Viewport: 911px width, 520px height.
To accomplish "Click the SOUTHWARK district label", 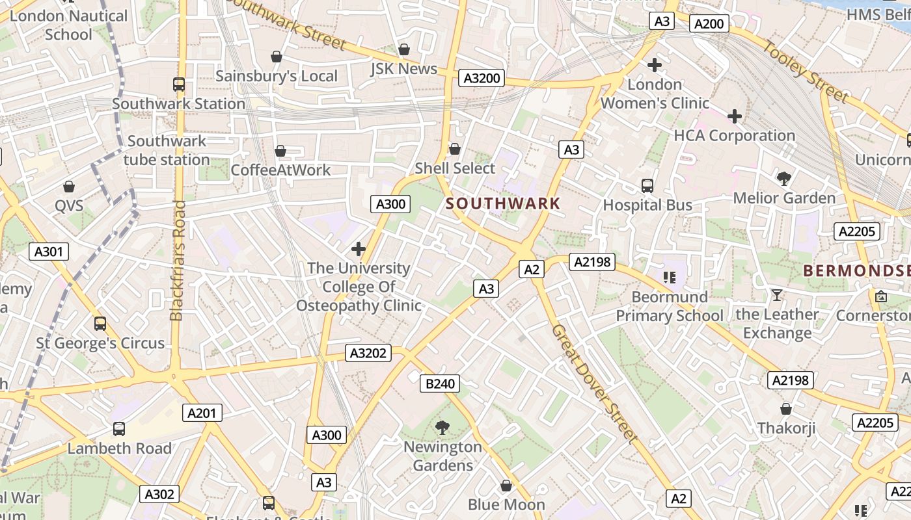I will pyautogui.click(x=503, y=203).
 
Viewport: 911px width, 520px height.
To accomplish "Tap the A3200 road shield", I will pyautogui.click(x=482, y=79).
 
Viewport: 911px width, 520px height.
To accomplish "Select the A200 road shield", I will pyautogui.click(x=709, y=24).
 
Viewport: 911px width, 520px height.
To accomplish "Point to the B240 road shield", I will pyautogui.click(x=440, y=383).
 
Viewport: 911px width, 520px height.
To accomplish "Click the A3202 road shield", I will pyautogui.click(x=368, y=353).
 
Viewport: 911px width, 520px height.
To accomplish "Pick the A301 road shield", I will pyautogui.click(x=49, y=251).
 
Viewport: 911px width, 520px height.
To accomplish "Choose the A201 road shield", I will pyautogui.click(x=204, y=412).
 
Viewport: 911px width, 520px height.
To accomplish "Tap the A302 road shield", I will pyautogui.click(x=159, y=494).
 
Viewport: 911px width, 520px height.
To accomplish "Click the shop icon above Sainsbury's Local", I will pyautogui.click(x=277, y=57).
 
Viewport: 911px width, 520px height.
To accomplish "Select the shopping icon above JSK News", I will pyautogui.click(x=404, y=49).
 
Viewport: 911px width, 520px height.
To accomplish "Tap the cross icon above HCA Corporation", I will pyautogui.click(x=735, y=117).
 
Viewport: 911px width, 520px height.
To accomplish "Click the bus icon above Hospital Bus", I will pyautogui.click(x=647, y=186).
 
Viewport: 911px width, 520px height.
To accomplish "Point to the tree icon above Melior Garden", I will pyautogui.click(x=784, y=178).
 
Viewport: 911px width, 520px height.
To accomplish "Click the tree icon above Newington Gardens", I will pyautogui.click(x=442, y=427).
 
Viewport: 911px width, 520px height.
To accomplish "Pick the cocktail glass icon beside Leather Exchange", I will pyautogui.click(x=776, y=296).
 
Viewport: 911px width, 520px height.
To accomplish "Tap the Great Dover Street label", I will pyautogui.click(x=593, y=383).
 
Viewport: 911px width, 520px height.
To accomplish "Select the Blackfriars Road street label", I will pyautogui.click(x=178, y=260).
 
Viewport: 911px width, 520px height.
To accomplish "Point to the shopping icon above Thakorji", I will pyautogui.click(x=786, y=409).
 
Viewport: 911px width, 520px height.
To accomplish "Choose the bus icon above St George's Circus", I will pyautogui.click(x=100, y=324).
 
